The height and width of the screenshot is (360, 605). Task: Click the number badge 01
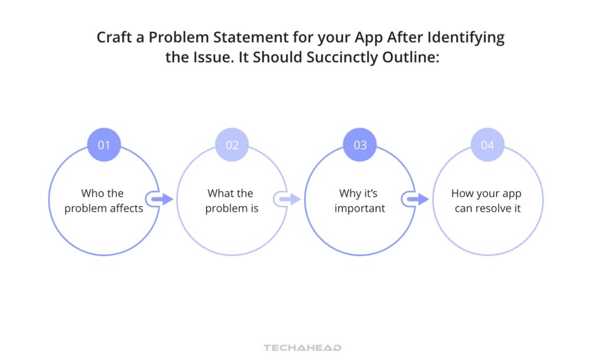(104, 145)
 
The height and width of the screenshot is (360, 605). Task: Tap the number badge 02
(232, 145)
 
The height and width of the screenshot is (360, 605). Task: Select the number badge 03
(360, 145)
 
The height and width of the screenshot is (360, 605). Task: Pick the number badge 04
(487, 145)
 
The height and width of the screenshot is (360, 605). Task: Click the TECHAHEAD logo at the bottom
(302, 348)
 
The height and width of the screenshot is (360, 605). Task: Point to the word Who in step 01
(93, 193)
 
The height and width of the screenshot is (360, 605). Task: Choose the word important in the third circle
(360, 209)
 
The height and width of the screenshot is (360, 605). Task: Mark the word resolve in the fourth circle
(497, 209)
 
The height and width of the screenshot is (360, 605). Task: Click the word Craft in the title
(114, 38)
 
